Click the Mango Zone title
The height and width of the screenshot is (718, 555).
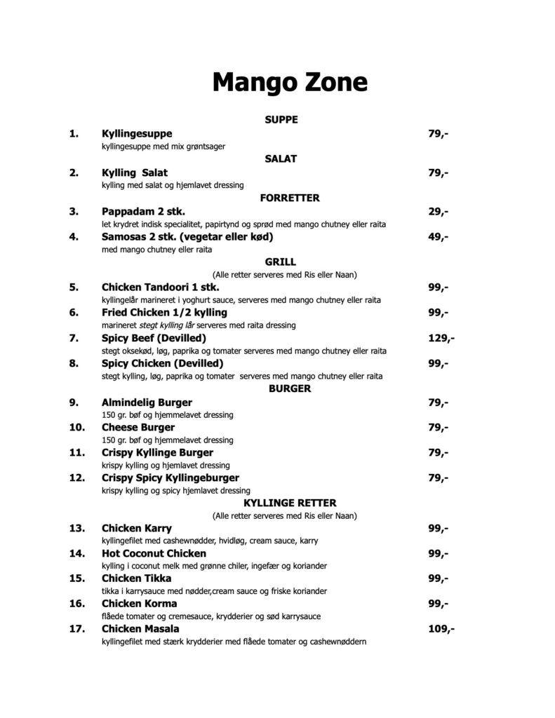click(x=290, y=83)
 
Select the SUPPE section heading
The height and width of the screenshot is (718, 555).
click(x=281, y=120)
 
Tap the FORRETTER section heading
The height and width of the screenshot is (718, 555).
click(x=290, y=198)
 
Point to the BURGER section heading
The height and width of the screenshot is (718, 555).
click(x=290, y=389)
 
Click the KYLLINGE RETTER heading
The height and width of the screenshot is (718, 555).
click(x=290, y=503)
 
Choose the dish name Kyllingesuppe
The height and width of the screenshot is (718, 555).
click(x=137, y=134)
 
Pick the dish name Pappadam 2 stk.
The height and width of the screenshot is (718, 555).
click(x=144, y=211)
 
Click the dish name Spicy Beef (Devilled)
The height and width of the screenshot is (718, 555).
click(x=154, y=339)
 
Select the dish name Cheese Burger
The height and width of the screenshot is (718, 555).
click(x=138, y=428)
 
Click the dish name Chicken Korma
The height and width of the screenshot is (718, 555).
click(x=139, y=604)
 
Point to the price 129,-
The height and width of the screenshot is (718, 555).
click(x=441, y=339)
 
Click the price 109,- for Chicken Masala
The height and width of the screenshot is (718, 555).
click(x=441, y=629)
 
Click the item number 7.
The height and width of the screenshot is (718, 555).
click(x=74, y=339)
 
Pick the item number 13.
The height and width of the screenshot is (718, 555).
click(x=77, y=528)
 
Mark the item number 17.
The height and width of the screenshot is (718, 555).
click(x=77, y=629)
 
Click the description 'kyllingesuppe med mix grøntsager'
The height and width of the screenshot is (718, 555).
click(x=163, y=147)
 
